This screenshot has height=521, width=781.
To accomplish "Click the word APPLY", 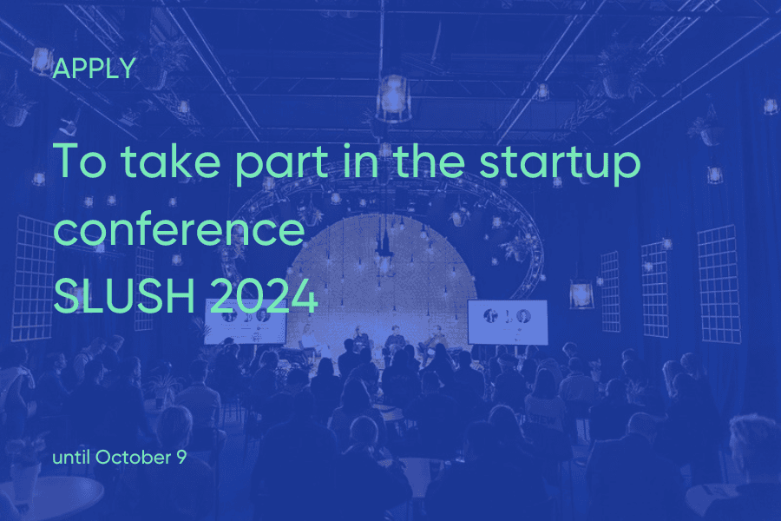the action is coord(94,69).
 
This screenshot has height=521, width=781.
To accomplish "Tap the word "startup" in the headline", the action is coord(560,162).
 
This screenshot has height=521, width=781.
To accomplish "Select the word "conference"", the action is coord(179,230).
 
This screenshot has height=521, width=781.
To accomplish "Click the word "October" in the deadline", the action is coord(133,458).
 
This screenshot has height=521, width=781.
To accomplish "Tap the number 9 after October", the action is coord(181,458).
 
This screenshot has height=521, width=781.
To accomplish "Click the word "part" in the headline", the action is coord(281,163).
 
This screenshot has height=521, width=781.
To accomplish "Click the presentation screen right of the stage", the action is coord(507,322).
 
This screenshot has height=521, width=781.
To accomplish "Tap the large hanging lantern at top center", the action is coord(393,98).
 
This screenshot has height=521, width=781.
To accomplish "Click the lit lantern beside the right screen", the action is coord(581,293).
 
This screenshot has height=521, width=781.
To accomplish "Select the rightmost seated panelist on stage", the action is coord(433,341).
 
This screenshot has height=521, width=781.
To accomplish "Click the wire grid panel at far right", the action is coord(719,284).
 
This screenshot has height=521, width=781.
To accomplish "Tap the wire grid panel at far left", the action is coord(35,278).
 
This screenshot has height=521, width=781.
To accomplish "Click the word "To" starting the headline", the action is coord(80,161).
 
